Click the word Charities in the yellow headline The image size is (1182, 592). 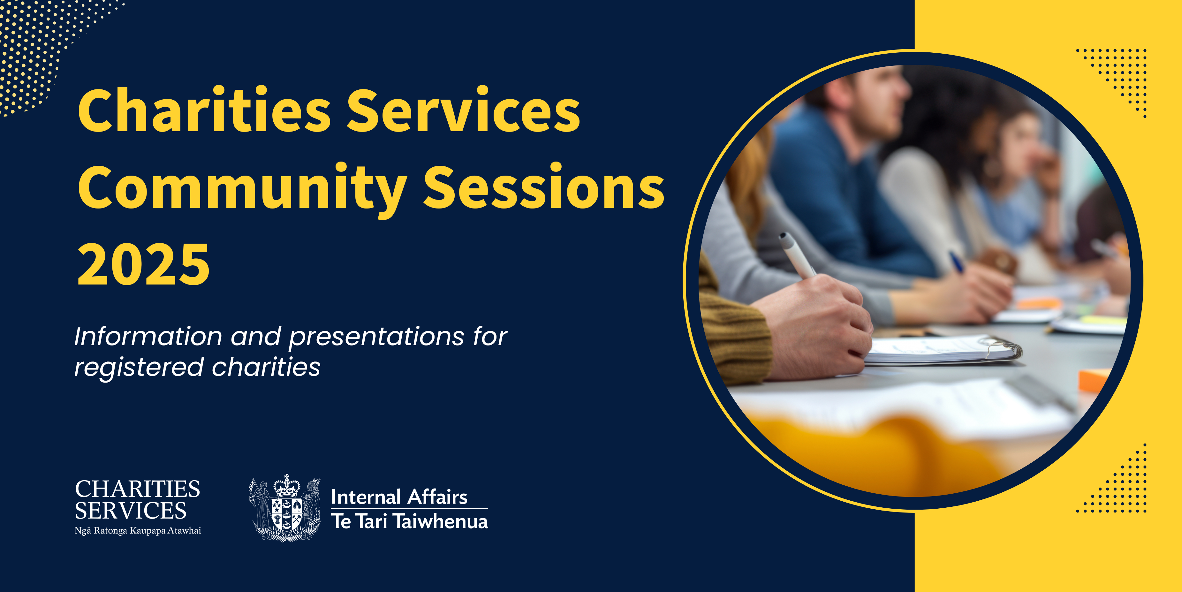pos(204,110)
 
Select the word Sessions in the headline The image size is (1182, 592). pos(544,186)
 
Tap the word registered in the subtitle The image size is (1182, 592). pos(139,368)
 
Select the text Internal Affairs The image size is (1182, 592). pos(399,497)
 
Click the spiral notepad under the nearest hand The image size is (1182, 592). pos(941,351)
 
